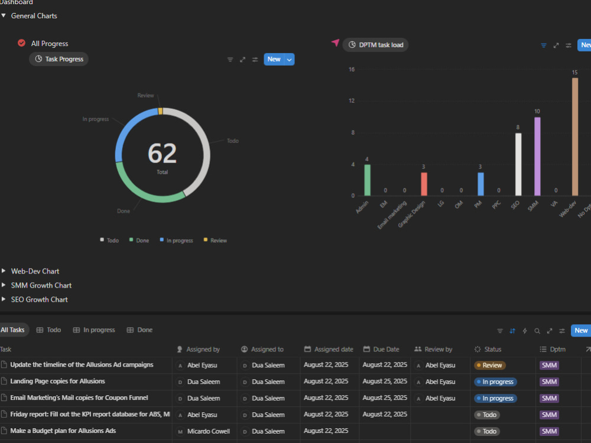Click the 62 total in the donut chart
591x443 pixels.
pyautogui.click(x=162, y=154)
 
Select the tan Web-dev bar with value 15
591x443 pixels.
pyautogui.click(x=575, y=137)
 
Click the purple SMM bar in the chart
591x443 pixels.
pyautogui.click(x=537, y=157)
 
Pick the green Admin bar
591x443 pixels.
pyautogui.click(x=367, y=180)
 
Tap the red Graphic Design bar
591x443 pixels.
pyautogui.click(x=424, y=184)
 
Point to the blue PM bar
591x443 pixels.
pyautogui.click(x=480, y=184)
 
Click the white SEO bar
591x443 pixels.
pyautogui.click(x=518, y=164)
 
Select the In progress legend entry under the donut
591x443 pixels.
pyautogui.click(x=176, y=240)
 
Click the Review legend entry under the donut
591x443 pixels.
pyautogui.click(x=215, y=240)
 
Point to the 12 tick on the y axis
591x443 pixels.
pyautogui.click(x=352, y=100)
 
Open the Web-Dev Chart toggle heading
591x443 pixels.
pyautogui.click(x=35, y=271)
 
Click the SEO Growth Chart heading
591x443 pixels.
pyautogui.click(x=39, y=299)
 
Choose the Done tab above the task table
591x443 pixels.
pyautogui.click(x=140, y=330)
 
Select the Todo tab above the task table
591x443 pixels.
pyautogui.click(x=48, y=330)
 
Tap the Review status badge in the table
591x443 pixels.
pyautogui.click(x=490, y=365)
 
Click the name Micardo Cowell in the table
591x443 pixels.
pyautogui.click(x=209, y=431)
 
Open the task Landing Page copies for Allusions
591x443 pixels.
pyautogui.click(x=58, y=381)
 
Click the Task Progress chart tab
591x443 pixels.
pyautogui.click(x=59, y=59)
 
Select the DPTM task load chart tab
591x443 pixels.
pyautogui.click(x=375, y=45)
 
